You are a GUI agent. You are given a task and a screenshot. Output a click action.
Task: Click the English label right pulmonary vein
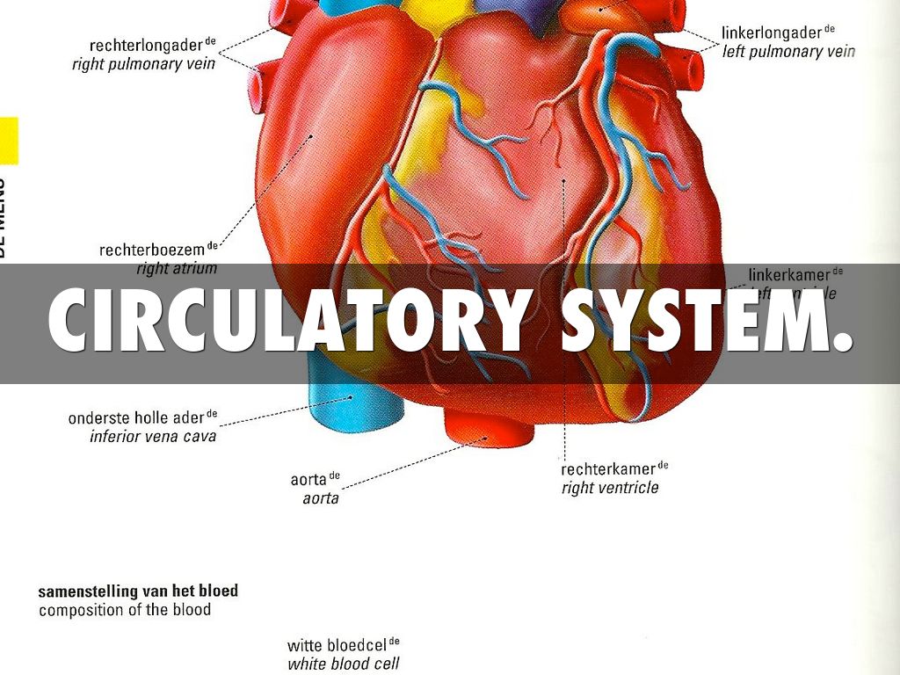pyautogui.click(x=143, y=65)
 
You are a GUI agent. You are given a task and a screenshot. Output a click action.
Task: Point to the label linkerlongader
pyautogui.click(x=772, y=33)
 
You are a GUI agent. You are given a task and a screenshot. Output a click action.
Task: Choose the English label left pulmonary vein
pyautogui.click(x=788, y=52)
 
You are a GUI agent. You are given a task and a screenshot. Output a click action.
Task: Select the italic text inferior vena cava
pyautogui.click(x=153, y=436)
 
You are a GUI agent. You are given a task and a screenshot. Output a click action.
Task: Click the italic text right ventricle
pyautogui.click(x=610, y=488)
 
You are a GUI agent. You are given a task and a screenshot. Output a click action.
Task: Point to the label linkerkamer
pyautogui.click(x=789, y=275)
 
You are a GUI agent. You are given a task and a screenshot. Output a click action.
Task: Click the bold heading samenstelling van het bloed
pyautogui.click(x=138, y=591)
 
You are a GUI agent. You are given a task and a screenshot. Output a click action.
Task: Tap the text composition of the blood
pyautogui.click(x=125, y=610)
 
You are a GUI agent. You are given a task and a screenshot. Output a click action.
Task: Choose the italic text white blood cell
pyautogui.click(x=343, y=665)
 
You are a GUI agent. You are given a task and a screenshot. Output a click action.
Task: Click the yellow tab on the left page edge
pyautogui.click(x=8, y=141)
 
